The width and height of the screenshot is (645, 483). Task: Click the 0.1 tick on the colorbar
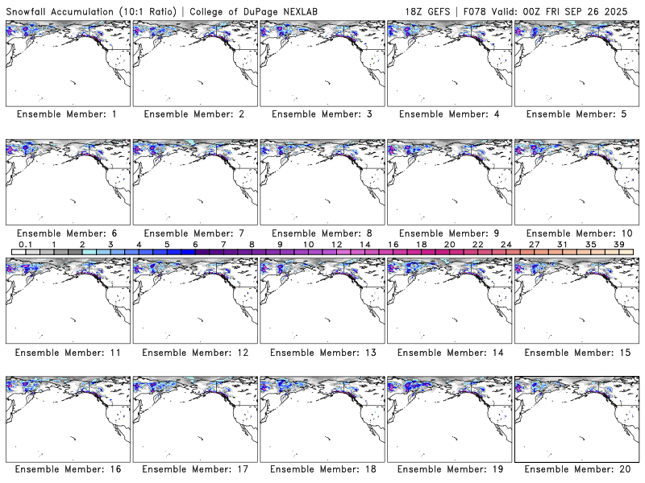pyautogui.click(x=25, y=244)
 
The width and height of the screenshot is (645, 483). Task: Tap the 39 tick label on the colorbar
pyautogui.click(x=618, y=244)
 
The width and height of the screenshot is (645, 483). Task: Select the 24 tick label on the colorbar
pyautogui.click(x=506, y=244)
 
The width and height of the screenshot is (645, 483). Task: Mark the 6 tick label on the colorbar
pyautogui.click(x=195, y=244)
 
